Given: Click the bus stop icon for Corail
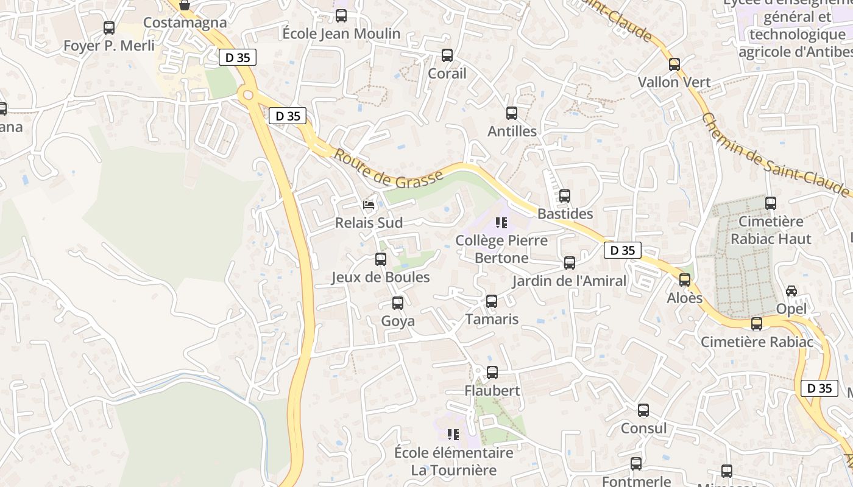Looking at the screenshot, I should pyautogui.click(x=447, y=55).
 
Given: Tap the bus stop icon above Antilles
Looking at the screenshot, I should pyautogui.click(x=512, y=113).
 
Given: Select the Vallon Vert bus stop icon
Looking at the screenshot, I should pyautogui.click(x=674, y=64).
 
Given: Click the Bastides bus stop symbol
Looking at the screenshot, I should pyautogui.click(x=565, y=196).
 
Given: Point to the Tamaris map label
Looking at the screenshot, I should pyautogui.click(x=492, y=319).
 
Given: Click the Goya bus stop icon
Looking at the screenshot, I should pyautogui.click(x=398, y=303).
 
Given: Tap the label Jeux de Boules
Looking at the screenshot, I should pyautogui.click(x=380, y=278).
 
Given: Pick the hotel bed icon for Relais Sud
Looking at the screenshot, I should pyautogui.click(x=369, y=205).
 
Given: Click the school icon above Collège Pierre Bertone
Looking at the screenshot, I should pyautogui.click(x=501, y=222).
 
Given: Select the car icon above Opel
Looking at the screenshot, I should pyautogui.click(x=791, y=291).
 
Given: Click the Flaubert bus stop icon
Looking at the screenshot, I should pyautogui.click(x=492, y=372).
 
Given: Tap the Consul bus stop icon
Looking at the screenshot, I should pyautogui.click(x=643, y=410).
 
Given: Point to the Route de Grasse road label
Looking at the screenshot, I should pyautogui.click(x=389, y=170).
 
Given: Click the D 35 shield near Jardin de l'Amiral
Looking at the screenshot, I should pyautogui.click(x=623, y=250).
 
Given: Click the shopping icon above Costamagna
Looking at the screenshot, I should pyautogui.click(x=185, y=5).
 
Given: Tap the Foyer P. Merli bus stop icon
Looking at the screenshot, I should pyautogui.click(x=109, y=27).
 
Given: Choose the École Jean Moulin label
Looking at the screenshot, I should pyautogui.click(x=341, y=33).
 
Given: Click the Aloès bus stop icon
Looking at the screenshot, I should pyautogui.click(x=685, y=280).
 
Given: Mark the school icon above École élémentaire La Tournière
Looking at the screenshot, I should pyautogui.click(x=453, y=434).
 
